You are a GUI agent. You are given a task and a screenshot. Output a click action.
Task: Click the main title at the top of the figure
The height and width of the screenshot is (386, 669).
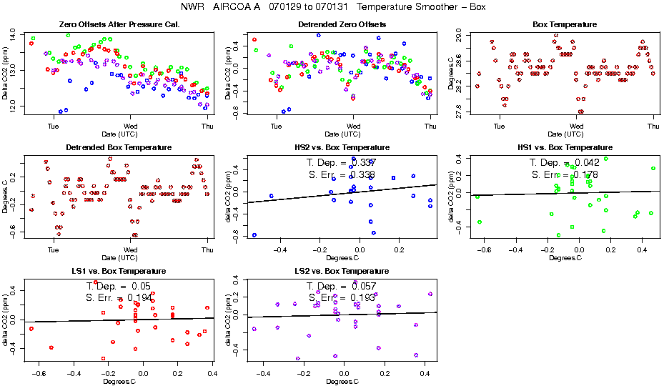click(x=334, y=7)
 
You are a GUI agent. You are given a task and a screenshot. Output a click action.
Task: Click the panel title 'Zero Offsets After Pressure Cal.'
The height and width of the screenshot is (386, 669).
click(x=117, y=25)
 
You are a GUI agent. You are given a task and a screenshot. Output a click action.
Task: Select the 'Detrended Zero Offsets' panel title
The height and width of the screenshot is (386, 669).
click(x=342, y=25)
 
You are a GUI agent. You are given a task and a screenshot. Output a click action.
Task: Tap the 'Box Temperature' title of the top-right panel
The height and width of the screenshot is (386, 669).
click(x=565, y=25)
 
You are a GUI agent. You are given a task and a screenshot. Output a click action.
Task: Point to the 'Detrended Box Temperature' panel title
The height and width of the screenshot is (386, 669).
click(x=117, y=147)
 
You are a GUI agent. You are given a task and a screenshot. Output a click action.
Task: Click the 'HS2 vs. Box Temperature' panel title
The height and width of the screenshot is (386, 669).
click(x=342, y=147)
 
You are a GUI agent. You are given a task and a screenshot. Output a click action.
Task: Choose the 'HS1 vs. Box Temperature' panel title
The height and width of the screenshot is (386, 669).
click(x=565, y=147)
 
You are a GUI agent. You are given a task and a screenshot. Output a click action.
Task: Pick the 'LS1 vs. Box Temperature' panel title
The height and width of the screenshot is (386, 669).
click(x=117, y=272)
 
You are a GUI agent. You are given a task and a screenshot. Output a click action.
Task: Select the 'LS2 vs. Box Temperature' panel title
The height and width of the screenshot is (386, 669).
click(x=342, y=272)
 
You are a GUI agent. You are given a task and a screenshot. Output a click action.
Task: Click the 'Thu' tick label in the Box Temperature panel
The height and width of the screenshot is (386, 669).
click(x=652, y=127)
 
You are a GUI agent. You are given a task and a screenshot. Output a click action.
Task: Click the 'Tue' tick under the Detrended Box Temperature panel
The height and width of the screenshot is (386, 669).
click(x=53, y=249)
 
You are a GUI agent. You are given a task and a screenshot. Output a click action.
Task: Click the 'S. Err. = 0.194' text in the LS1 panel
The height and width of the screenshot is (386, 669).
click(x=119, y=297)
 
